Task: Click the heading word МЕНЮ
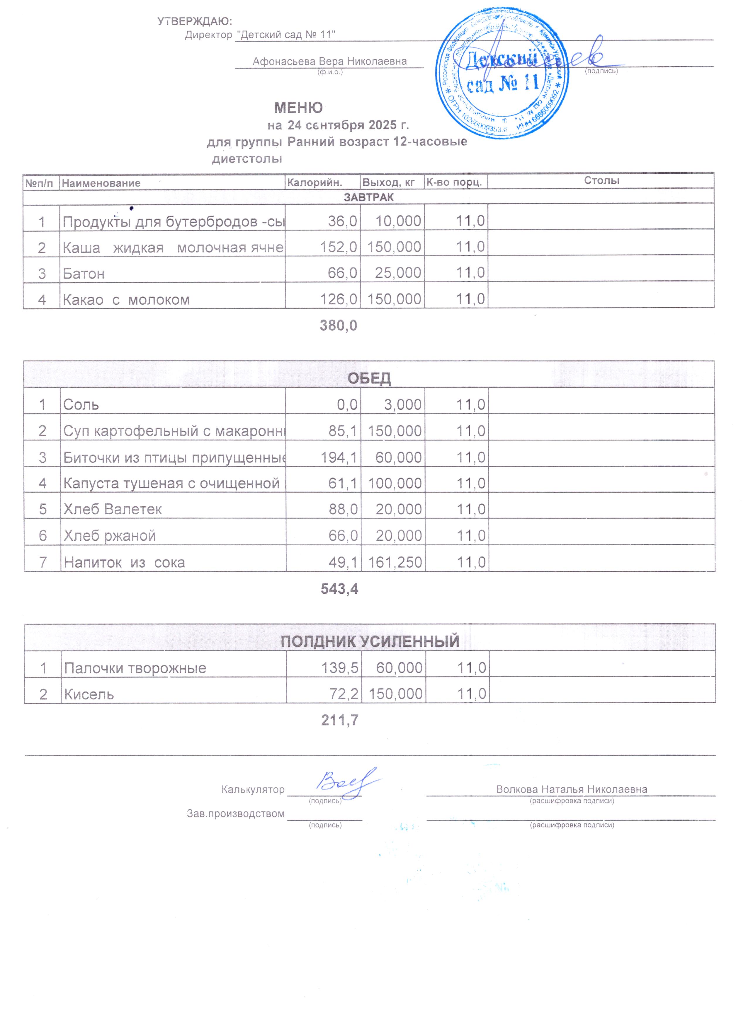(x=298, y=107)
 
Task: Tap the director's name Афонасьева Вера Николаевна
(x=329, y=61)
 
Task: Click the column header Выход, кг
(x=388, y=183)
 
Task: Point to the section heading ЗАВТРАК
(x=368, y=197)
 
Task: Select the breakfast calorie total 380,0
(x=339, y=325)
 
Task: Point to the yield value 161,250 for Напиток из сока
(x=395, y=562)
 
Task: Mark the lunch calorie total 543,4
(x=339, y=588)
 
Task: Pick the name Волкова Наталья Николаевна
(x=572, y=789)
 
